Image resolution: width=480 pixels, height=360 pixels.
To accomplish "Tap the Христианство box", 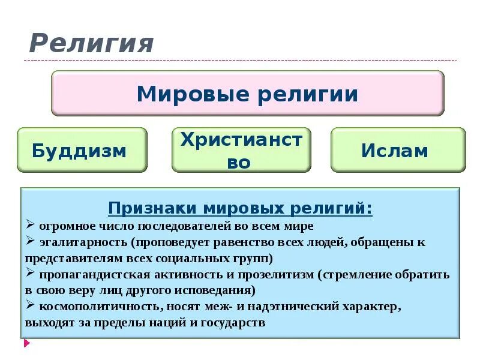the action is (241, 150).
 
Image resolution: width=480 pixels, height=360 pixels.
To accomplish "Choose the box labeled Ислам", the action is (395, 150).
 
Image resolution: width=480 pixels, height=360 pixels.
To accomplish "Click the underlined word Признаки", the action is (153, 209).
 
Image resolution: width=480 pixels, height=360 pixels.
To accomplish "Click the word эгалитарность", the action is (85, 242).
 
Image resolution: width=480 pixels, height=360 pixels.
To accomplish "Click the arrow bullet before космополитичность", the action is (31, 306).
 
